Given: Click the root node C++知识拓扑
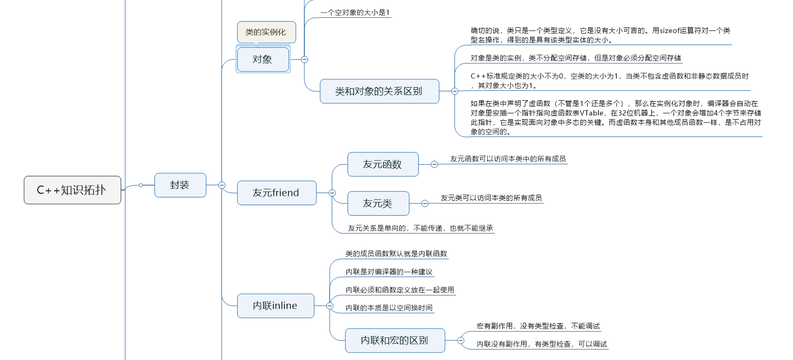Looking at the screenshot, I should click(72, 190).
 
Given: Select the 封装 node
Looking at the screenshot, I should click(180, 185).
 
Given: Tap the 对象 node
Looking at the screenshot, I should click(263, 59).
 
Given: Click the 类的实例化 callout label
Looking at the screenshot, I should click(266, 32).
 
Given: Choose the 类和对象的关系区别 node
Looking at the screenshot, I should click(379, 91).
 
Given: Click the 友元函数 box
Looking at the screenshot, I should click(383, 164).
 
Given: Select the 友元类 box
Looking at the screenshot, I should click(378, 203).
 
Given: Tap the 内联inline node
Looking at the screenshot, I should click(275, 305).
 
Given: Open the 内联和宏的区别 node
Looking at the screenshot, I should click(395, 340).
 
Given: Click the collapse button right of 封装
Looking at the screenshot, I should click(222, 185).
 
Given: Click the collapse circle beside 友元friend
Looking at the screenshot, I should click(332, 193).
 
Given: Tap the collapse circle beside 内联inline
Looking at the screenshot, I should click(330, 305).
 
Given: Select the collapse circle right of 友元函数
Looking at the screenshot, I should click(434, 164).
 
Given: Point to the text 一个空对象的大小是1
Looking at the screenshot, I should click(355, 13).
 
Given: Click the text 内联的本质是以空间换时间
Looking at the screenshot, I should click(389, 308).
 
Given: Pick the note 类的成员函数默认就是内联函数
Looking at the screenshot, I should click(396, 253).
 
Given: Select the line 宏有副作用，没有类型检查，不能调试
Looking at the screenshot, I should click(538, 326).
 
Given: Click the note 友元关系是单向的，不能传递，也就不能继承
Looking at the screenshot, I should click(420, 228).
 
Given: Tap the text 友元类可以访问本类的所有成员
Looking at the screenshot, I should click(491, 198).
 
